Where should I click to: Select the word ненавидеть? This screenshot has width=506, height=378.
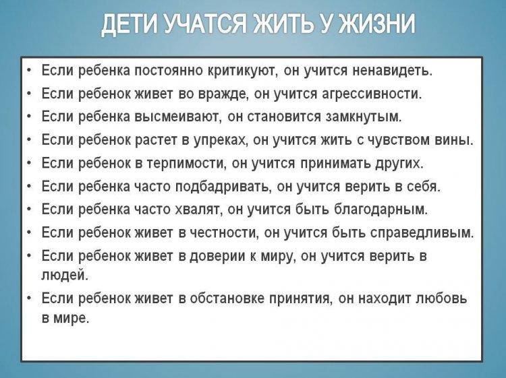pyautogui.click(x=392, y=71)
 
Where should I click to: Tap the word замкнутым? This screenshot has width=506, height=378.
pyautogui.click(x=364, y=117)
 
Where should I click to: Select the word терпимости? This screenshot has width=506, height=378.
pyautogui.click(x=186, y=164)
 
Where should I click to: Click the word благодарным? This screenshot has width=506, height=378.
pyautogui.click(x=380, y=210)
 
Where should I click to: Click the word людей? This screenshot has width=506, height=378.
pyautogui.click(x=64, y=276)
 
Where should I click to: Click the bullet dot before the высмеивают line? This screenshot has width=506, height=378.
pyautogui.click(x=30, y=116)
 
